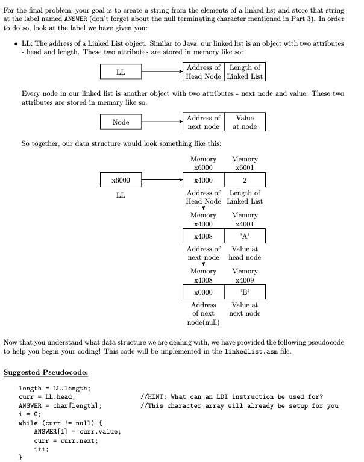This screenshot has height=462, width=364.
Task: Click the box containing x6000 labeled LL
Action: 121,179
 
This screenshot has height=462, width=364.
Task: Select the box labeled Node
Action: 121,122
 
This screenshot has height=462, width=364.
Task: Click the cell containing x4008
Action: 203,236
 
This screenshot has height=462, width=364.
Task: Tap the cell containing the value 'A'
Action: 245,236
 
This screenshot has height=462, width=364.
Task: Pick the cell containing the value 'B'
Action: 245,292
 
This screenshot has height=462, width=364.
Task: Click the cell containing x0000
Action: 203,292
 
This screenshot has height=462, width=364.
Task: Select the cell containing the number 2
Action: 245,179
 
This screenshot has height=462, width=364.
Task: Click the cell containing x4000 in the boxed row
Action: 203,179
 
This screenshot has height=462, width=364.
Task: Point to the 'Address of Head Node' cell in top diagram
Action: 203,72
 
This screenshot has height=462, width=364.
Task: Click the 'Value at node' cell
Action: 245,122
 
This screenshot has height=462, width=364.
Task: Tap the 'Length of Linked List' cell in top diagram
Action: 245,72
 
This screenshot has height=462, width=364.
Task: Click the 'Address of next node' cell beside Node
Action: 203,122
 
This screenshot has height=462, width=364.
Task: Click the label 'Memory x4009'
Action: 245,276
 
